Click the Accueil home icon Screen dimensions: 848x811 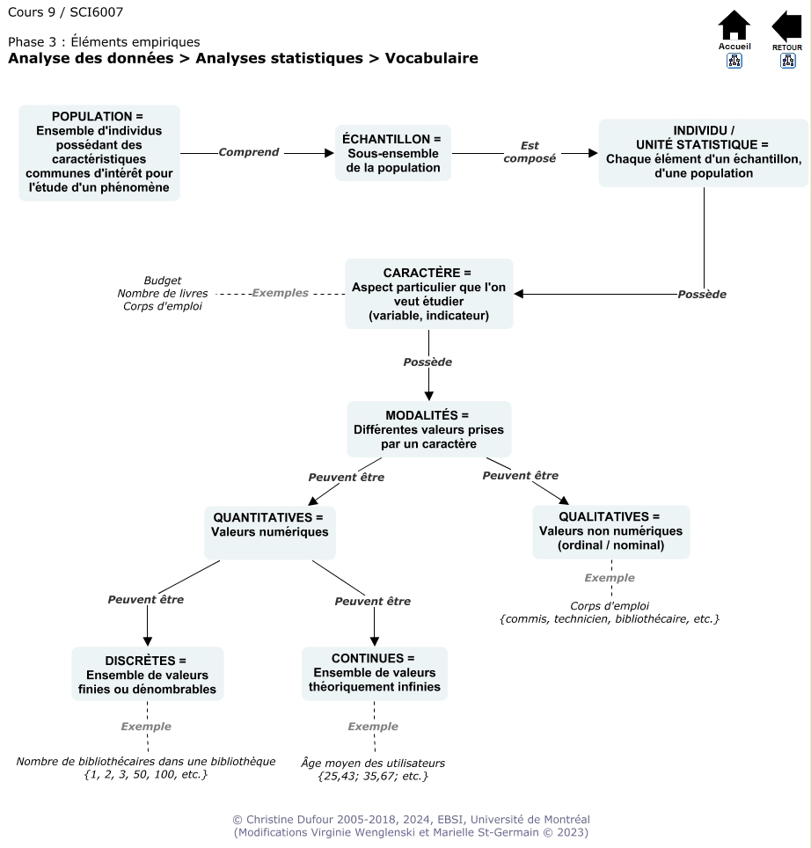[734, 26]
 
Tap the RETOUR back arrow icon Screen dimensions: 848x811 [787, 26]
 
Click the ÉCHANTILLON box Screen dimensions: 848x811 [392, 153]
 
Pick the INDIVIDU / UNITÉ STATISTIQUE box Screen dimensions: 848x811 [703, 153]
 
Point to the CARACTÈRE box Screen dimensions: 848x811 [428, 294]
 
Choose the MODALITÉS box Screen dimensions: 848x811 [428, 429]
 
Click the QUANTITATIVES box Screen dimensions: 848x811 [269, 531]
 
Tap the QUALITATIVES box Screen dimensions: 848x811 [610, 531]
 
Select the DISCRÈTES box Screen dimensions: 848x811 [147, 674]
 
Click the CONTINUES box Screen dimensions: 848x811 [374, 673]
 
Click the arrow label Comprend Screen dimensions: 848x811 [249, 152]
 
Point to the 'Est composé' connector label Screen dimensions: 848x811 [530, 152]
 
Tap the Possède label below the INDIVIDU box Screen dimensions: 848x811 [702, 294]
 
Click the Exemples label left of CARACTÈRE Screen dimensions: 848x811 [280, 293]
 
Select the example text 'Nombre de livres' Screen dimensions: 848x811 [163, 293]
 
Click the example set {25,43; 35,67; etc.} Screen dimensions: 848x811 [373, 776]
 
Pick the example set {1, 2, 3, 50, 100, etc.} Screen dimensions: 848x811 [146, 774]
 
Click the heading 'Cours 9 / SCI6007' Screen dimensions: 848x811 [65, 12]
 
